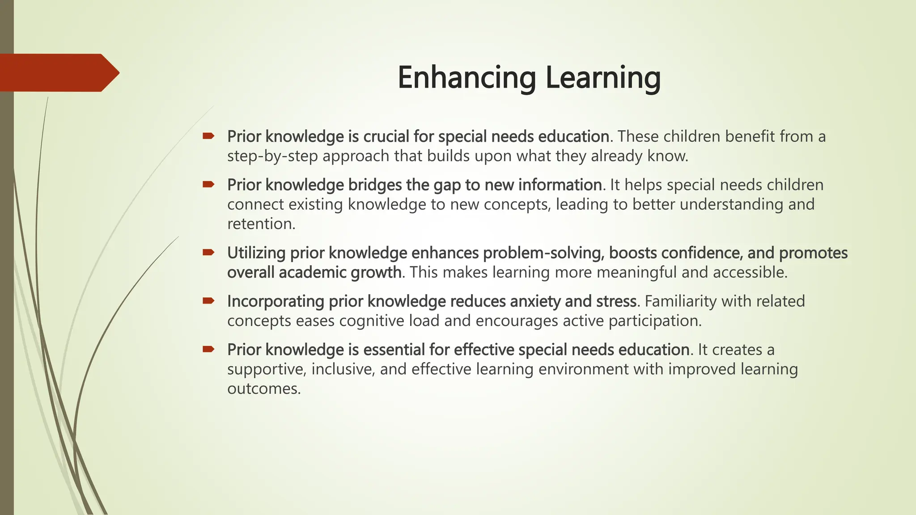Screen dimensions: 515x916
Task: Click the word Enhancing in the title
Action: point(466,78)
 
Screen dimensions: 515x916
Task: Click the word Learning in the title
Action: point(603,78)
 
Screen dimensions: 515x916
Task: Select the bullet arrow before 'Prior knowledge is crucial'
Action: point(208,135)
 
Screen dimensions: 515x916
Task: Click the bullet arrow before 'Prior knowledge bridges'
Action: point(208,184)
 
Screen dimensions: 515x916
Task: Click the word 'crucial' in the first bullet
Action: point(386,136)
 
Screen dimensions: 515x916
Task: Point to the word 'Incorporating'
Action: point(276,301)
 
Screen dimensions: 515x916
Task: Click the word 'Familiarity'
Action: point(680,301)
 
